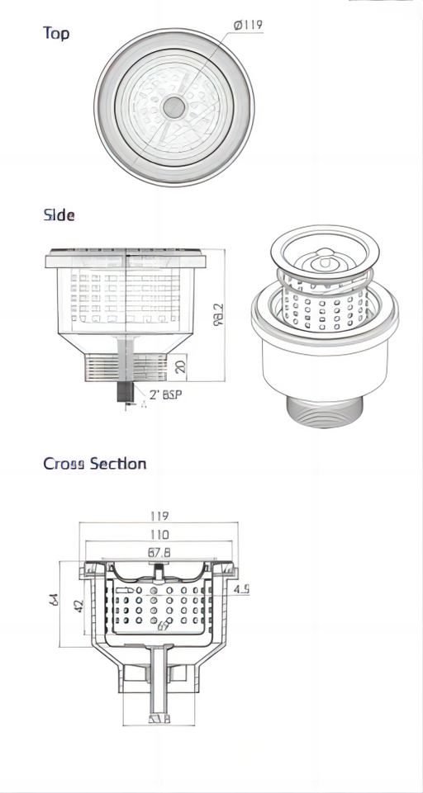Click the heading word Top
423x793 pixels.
(x=56, y=33)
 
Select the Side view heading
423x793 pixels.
(x=59, y=215)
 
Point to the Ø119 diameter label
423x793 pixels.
(x=248, y=26)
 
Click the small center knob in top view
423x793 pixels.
(x=173, y=106)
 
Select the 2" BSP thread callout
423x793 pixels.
(x=165, y=394)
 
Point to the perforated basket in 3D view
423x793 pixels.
(x=324, y=309)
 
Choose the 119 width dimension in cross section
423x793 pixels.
(x=159, y=516)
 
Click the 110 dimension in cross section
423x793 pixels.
(x=159, y=535)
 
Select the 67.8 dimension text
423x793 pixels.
(x=159, y=553)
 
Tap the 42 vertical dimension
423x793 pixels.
(x=79, y=605)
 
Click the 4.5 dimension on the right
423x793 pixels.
(x=241, y=589)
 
